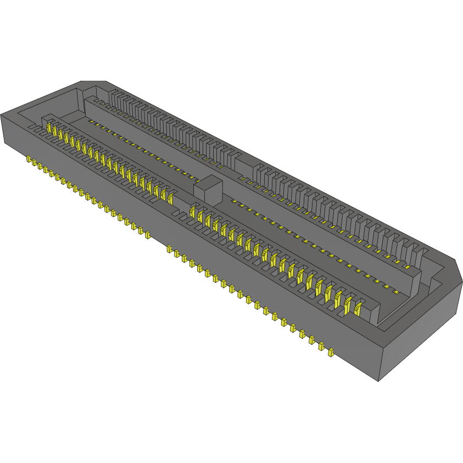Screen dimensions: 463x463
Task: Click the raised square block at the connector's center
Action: tap(207, 188)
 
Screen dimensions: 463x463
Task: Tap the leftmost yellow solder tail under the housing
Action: tap(28, 159)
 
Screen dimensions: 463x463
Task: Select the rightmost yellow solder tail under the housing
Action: tap(331, 352)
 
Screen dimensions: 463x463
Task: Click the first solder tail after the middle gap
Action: tap(169, 249)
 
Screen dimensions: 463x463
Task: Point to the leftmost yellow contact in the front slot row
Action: tap(49, 128)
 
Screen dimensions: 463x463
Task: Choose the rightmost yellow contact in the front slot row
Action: tap(359, 309)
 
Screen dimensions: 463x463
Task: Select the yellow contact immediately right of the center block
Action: tap(192, 210)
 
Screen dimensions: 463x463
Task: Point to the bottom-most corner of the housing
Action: tap(378, 381)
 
